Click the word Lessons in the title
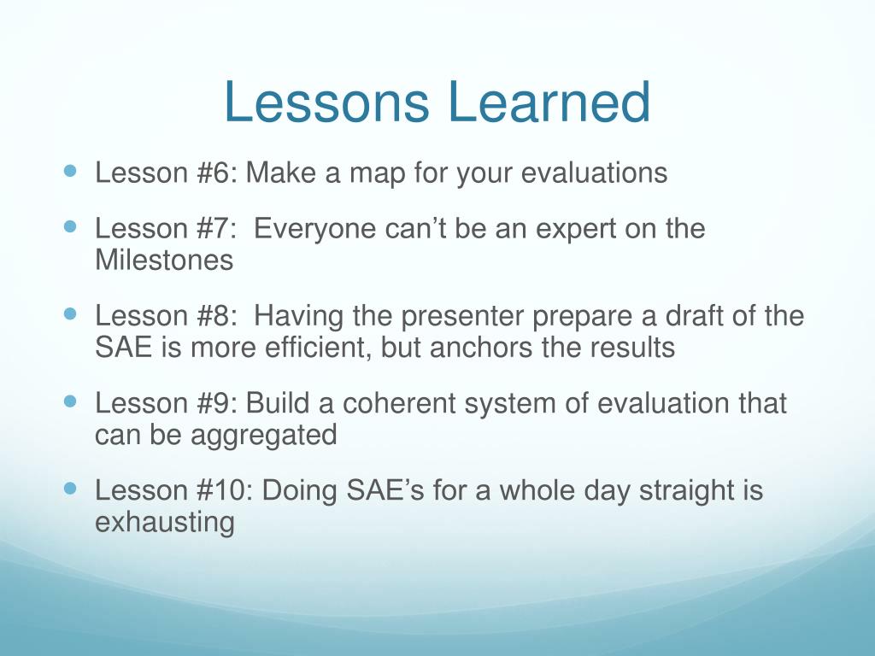tap(326, 102)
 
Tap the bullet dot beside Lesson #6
tap(70, 170)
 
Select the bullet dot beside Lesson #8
tap(70, 313)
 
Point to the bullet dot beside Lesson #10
tap(70, 488)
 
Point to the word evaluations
tap(595, 173)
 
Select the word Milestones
tap(164, 260)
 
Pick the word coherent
tap(398, 403)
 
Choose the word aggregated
tap(263, 436)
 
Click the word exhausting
tap(165, 524)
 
